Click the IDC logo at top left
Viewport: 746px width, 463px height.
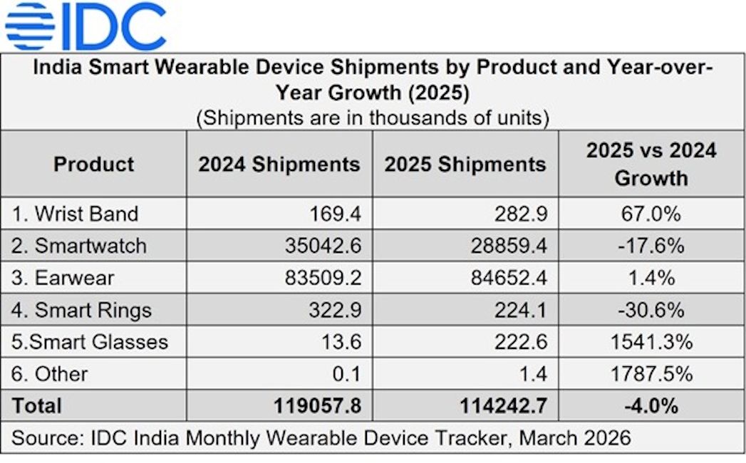point(86,26)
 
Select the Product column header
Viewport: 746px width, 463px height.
point(93,165)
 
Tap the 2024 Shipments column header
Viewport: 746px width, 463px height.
point(279,165)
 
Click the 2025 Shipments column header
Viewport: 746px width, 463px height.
point(465,165)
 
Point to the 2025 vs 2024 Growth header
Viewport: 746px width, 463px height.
point(651,164)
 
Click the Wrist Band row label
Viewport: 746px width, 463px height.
point(76,214)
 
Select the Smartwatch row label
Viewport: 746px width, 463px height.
point(80,246)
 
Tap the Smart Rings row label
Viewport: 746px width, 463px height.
point(82,310)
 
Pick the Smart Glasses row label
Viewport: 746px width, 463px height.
point(90,342)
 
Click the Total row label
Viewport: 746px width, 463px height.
point(36,406)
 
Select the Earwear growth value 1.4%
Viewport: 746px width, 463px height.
point(651,278)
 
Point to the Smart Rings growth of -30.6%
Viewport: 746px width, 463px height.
point(651,310)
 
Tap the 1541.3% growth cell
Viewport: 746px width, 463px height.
point(651,342)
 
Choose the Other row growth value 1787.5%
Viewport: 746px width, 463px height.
point(651,374)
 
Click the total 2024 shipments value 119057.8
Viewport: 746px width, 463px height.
point(318,406)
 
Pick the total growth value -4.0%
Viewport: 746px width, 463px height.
point(651,406)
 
